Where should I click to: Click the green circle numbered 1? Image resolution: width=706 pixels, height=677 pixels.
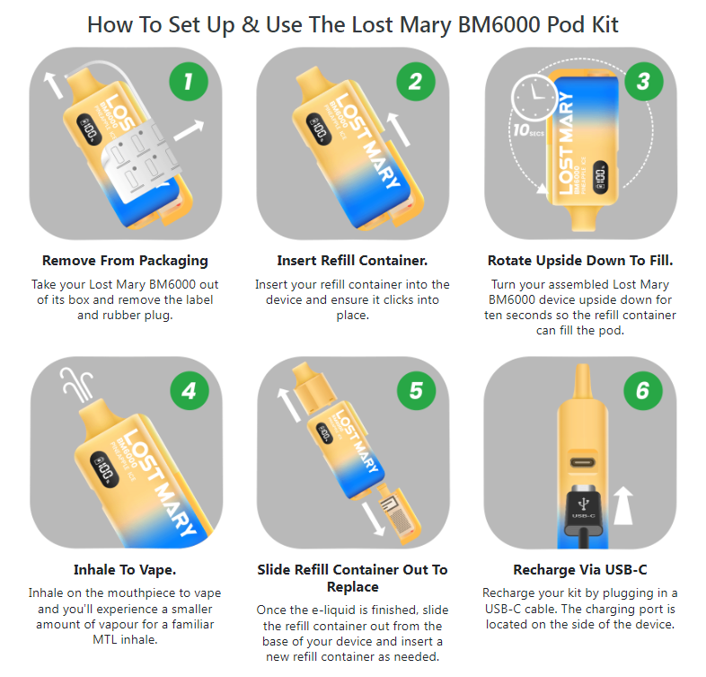pos(189,82)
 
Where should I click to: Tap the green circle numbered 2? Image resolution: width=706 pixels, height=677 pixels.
pos(416,82)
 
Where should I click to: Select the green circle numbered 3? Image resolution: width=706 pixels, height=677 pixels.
pos(643,82)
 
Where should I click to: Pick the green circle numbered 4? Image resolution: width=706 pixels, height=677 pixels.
pos(190,390)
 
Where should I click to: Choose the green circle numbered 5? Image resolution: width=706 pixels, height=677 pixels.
pos(417,390)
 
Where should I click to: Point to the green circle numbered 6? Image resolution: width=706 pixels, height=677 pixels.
pos(643,390)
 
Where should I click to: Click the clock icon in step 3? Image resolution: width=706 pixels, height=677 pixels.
pos(534,97)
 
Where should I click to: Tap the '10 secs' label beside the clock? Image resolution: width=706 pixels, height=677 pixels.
pos(528,130)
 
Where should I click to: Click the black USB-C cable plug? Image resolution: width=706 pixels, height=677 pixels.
pos(584,512)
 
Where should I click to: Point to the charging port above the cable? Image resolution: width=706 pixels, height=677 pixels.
pos(583,463)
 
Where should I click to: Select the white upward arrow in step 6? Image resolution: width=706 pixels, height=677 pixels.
pos(623,505)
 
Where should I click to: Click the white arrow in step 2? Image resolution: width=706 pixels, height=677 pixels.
pos(399,129)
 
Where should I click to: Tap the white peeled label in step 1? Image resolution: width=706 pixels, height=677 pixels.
pos(141,162)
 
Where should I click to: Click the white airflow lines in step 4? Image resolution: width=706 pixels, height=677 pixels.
pos(77,385)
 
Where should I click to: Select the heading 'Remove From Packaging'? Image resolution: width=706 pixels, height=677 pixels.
pos(125,261)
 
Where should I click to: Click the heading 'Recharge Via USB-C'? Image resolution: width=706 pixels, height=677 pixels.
pos(580,570)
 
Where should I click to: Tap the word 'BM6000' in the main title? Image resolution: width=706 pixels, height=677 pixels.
pos(499,25)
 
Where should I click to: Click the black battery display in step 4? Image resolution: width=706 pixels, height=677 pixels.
pos(104,469)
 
